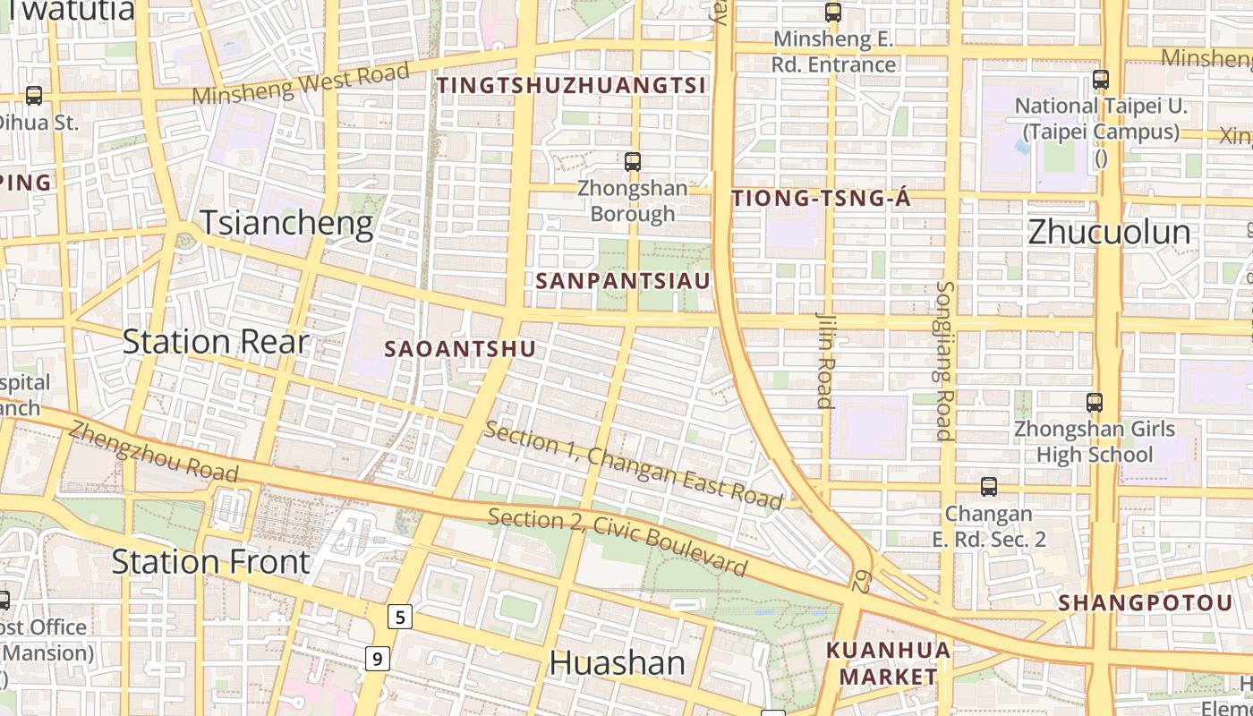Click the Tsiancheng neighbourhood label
tap(286, 223)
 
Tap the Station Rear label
tap(215, 341)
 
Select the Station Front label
tap(210, 562)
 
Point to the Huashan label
tap(618, 663)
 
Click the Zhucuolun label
tap(1109, 232)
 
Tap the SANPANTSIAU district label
tap(623, 281)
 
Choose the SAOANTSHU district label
tap(460, 349)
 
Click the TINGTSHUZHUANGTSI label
tap(572, 85)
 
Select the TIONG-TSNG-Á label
tap(821, 199)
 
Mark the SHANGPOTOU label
tap(1146, 602)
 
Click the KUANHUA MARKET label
tap(888, 662)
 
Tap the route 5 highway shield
tap(399, 617)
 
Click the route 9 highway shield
tap(378, 659)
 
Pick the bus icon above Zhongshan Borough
tap(633, 162)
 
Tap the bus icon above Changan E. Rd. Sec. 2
tap(988, 487)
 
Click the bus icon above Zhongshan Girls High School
tap(1094, 403)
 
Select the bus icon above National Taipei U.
tap(1101, 79)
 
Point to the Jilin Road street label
tap(825, 359)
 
